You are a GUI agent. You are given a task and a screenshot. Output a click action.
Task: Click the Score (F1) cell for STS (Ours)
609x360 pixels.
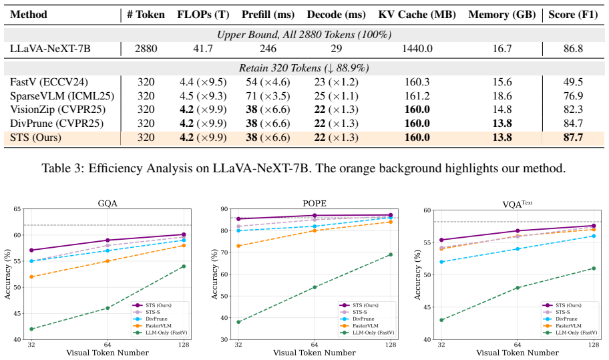(573, 138)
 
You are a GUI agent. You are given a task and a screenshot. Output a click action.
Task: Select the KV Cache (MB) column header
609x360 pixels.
(417, 15)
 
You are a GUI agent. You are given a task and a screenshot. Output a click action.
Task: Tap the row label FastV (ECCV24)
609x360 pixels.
(49, 82)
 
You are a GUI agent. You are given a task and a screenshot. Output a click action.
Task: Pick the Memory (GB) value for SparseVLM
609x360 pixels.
(501, 96)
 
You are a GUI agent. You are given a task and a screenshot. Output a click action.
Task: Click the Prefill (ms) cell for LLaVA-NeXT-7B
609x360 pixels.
(268, 49)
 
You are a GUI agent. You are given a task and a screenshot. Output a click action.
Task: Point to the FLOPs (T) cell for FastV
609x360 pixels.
(203, 82)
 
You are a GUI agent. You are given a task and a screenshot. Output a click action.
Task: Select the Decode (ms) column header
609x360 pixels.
(336, 15)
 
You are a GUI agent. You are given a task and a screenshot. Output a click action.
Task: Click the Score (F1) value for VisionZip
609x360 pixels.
(573, 110)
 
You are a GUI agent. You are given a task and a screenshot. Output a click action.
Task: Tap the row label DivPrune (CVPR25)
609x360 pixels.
(57, 124)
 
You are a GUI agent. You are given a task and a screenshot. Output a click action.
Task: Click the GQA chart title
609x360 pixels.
(108, 204)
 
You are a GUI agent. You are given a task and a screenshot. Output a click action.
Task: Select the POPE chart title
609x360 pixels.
(315, 204)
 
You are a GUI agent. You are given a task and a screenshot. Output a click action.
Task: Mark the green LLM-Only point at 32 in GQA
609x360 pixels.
(31, 329)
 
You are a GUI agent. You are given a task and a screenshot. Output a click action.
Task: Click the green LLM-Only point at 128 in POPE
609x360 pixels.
(391, 254)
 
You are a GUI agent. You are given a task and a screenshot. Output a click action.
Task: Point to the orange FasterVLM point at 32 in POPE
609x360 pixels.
(238, 246)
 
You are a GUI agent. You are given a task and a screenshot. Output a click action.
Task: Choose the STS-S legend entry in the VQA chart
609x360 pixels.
(557, 312)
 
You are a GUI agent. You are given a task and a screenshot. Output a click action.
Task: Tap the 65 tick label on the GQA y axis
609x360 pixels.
(17, 209)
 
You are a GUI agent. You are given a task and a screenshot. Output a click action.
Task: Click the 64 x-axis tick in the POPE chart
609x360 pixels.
(315, 345)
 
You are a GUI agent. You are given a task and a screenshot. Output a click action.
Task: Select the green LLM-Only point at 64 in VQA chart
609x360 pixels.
(518, 288)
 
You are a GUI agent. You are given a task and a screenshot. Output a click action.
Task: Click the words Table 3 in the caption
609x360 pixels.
(61, 168)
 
